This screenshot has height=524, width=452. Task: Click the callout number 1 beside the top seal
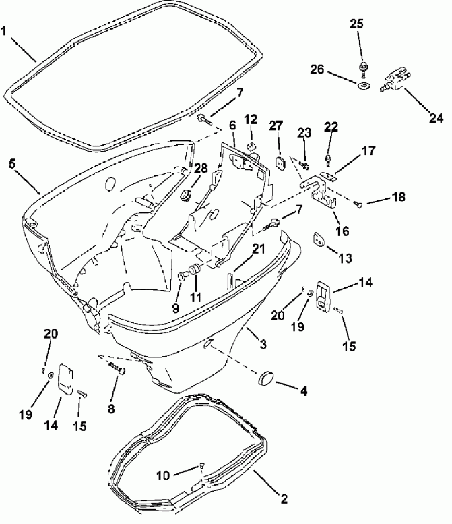pyautogui.click(x=6, y=30)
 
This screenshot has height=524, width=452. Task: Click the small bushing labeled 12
pyautogui.click(x=251, y=146)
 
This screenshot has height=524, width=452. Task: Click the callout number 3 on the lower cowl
pyautogui.click(x=263, y=345)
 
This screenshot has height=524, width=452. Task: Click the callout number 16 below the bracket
pyautogui.click(x=342, y=231)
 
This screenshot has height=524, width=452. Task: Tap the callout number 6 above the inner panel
pyautogui.click(x=232, y=125)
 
